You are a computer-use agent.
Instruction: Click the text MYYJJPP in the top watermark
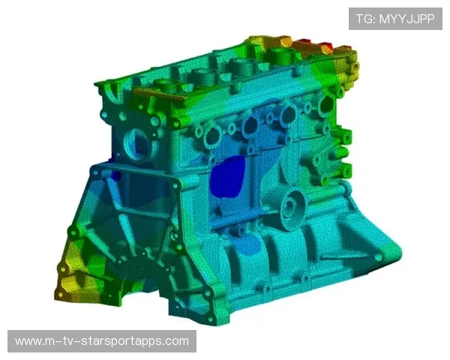tap(407, 19)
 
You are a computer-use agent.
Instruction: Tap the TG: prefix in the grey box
tap(366, 19)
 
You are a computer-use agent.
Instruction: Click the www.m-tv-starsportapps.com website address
tap(102, 341)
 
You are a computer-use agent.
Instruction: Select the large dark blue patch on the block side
tap(227, 177)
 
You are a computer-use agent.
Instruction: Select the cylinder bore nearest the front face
tap(169, 84)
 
